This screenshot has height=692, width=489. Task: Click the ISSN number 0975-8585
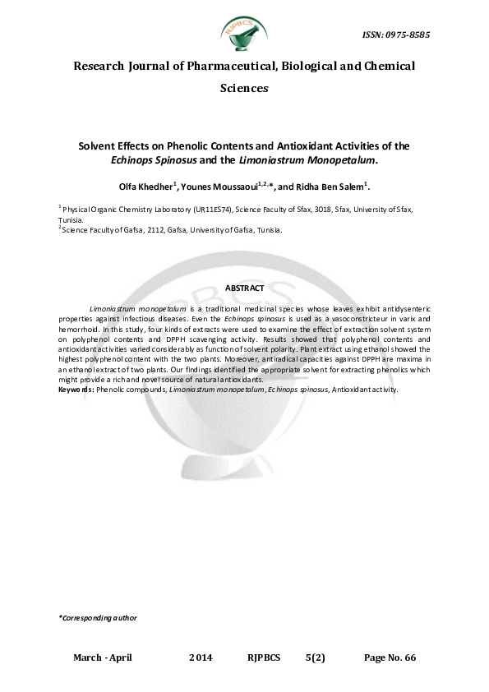(396, 35)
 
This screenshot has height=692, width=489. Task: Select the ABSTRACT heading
(244, 288)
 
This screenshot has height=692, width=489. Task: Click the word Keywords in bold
(76, 390)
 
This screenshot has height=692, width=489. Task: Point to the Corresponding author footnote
(98, 617)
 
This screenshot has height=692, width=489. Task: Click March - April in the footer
(103, 658)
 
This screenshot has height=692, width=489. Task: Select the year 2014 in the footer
(201, 658)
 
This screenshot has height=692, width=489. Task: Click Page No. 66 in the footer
(390, 658)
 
